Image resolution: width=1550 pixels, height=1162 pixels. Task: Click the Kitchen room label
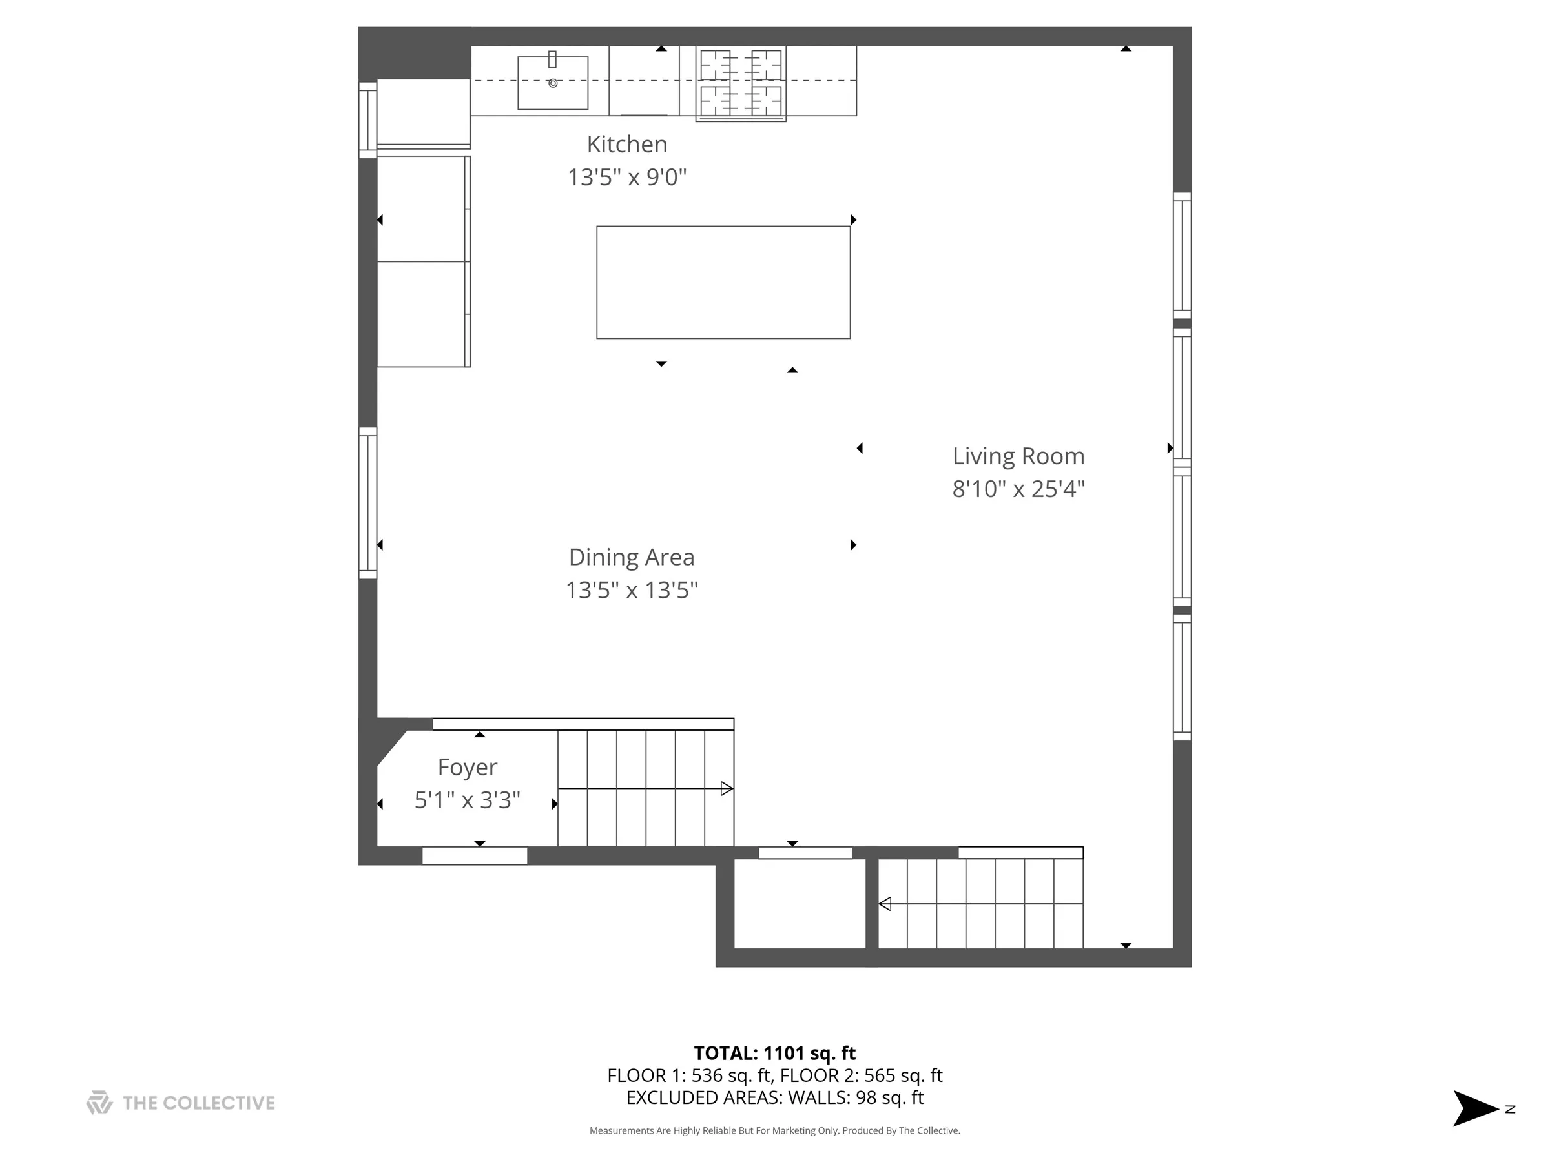coord(626,145)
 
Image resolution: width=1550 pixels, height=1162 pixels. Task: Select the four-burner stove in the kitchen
coord(741,83)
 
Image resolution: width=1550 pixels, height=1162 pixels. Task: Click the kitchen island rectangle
coord(723,282)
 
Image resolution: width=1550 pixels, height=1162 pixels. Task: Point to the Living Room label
coord(1017,456)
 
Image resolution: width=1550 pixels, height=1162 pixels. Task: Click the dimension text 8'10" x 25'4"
coord(1017,489)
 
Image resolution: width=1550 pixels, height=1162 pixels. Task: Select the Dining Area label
coord(632,558)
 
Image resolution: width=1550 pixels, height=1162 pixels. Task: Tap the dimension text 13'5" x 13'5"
coord(632,591)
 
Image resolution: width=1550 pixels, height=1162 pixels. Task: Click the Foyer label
coord(468,767)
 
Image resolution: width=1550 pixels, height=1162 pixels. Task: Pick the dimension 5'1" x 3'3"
coord(468,800)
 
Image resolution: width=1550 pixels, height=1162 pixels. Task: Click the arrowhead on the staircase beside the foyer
coord(727,789)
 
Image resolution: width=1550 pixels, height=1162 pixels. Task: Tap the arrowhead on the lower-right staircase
coord(885,904)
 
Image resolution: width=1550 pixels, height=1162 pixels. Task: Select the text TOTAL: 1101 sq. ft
coord(774,1054)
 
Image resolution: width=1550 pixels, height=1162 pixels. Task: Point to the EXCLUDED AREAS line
coord(774,1097)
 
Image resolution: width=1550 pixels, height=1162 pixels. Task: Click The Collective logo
coord(180,1103)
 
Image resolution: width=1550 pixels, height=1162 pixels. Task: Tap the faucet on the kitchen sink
coord(552,59)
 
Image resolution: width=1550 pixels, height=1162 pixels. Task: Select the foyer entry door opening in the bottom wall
coord(475,856)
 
